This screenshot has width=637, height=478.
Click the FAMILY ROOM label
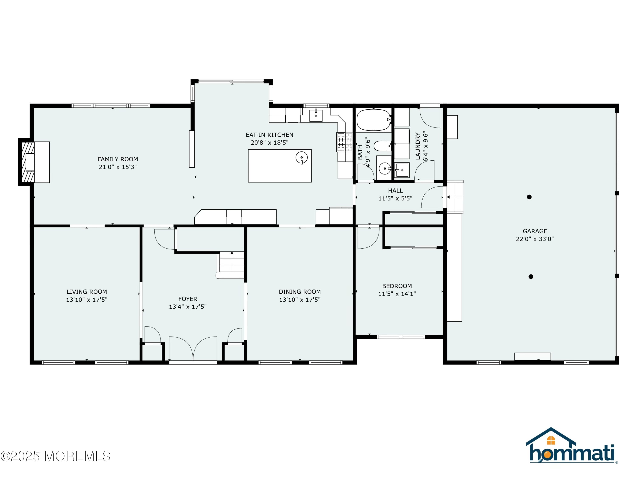[x=118, y=159]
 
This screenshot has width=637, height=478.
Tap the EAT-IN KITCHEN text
[x=269, y=135]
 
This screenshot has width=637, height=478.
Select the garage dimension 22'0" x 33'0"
[x=535, y=239]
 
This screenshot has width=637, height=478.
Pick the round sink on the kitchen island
[x=302, y=158]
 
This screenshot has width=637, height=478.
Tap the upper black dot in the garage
[x=529, y=197]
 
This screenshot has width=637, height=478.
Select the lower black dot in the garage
[x=531, y=277]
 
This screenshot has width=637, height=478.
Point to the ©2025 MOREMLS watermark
[x=55, y=456]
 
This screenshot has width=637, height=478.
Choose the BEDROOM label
[x=397, y=286]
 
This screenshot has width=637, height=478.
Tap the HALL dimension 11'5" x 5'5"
[x=395, y=198]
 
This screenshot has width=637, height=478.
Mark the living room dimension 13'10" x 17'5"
[x=87, y=300]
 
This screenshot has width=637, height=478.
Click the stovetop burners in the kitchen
[x=344, y=142]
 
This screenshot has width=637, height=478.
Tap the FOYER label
[x=188, y=299]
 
